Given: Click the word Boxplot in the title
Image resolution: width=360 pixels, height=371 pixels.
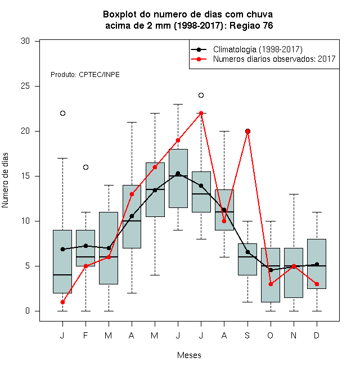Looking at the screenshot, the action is [120, 15].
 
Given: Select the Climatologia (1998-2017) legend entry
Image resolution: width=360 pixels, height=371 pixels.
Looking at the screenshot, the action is [246, 49].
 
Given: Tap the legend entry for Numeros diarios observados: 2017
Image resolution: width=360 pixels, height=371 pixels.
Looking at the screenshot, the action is [263, 59].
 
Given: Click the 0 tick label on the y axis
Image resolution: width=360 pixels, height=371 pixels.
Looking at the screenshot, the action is [28, 311].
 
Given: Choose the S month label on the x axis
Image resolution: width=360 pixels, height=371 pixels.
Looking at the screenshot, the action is [247, 335].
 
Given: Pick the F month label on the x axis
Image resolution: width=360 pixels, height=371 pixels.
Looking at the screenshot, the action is [85, 335].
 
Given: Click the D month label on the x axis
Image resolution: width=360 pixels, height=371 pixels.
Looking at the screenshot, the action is [317, 335].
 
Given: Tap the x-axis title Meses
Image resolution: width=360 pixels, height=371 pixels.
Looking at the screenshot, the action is [189, 355].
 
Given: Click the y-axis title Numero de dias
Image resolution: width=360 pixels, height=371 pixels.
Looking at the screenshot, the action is [5, 180].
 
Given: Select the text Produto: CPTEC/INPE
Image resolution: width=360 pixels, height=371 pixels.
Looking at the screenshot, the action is [85, 75].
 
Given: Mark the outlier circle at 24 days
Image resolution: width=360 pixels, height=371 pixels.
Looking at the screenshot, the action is [201, 96].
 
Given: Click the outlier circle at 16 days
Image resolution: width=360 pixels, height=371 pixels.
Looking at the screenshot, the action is [85, 168].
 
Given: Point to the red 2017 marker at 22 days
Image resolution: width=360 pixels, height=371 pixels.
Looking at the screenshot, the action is [201, 114].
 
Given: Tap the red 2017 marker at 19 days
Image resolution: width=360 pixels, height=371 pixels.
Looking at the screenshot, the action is [178, 141].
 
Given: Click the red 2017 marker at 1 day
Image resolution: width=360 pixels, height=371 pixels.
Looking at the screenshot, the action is [62, 302].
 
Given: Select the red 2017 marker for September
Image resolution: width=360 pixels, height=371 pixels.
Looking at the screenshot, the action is [247, 132].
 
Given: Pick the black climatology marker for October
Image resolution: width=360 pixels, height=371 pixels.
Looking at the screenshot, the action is [271, 270].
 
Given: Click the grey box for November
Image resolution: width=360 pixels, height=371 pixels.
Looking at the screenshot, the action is [294, 273].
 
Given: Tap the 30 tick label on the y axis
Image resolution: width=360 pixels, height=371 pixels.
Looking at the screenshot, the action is [25, 41].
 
